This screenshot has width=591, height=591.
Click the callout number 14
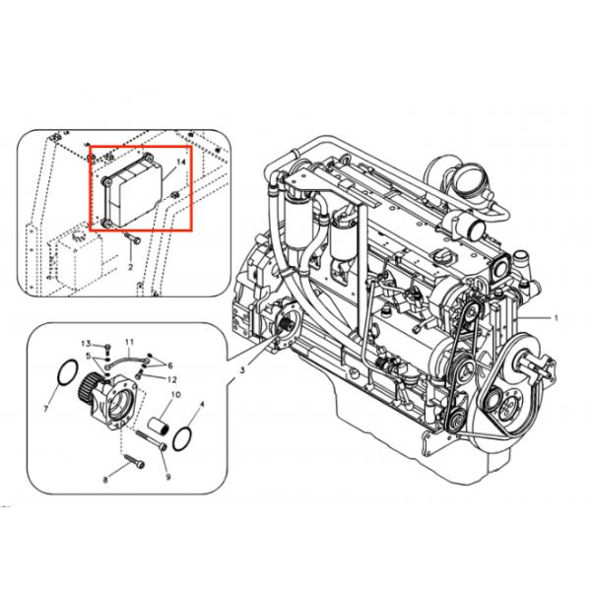[x=180, y=161]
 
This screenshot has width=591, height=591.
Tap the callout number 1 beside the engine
[x=556, y=319]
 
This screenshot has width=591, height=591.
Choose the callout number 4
[x=202, y=404]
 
